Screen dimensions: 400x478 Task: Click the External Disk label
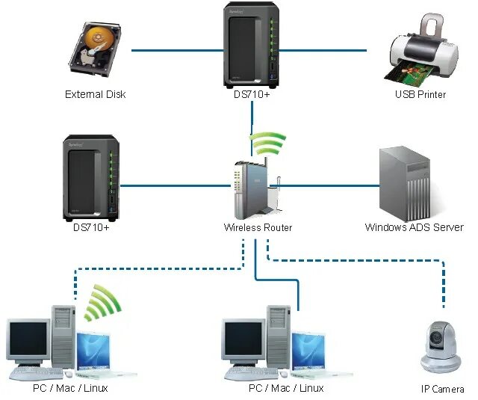[95, 95]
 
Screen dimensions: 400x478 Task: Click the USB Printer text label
[420, 95]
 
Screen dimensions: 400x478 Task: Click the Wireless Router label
[258, 227]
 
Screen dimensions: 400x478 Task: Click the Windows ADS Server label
[414, 227]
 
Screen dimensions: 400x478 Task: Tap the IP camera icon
[442, 345]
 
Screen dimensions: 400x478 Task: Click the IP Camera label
[443, 390]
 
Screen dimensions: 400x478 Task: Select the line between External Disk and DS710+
[175, 51]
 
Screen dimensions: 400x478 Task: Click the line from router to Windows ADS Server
[329, 185]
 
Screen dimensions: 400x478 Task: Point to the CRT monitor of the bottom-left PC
[28, 341]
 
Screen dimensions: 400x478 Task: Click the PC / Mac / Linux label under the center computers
[286, 388]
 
